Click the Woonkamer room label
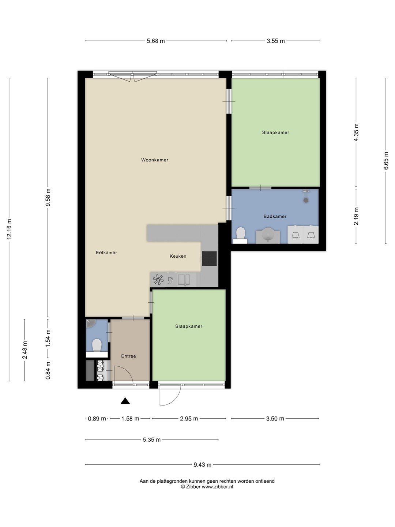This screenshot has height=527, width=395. click(x=154, y=160)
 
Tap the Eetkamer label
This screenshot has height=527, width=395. click(x=106, y=253)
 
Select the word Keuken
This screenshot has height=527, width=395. click(x=178, y=256)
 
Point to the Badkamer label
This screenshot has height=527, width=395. click(x=275, y=216)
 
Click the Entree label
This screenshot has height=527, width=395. click(x=128, y=356)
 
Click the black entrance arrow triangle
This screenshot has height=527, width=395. click(x=125, y=401)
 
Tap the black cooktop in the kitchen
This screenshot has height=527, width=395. click(x=209, y=259)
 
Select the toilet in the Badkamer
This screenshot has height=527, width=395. click(x=240, y=235)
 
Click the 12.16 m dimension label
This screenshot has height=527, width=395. click(x=9, y=229)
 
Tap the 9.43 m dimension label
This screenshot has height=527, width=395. click(x=202, y=465)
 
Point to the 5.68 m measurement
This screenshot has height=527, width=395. click(x=156, y=41)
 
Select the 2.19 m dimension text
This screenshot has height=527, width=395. click(x=356, y=216)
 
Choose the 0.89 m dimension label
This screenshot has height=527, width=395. click(x=97, y=419)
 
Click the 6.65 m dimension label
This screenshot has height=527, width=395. click(x=386, y=161)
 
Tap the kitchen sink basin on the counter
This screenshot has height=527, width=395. click(x=184, y=280)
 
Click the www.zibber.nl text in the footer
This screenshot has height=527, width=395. click(x=217, y=487)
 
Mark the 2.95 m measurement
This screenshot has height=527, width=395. click(x=189, y=419)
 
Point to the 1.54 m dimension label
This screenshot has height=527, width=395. click(x=48, y=338)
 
